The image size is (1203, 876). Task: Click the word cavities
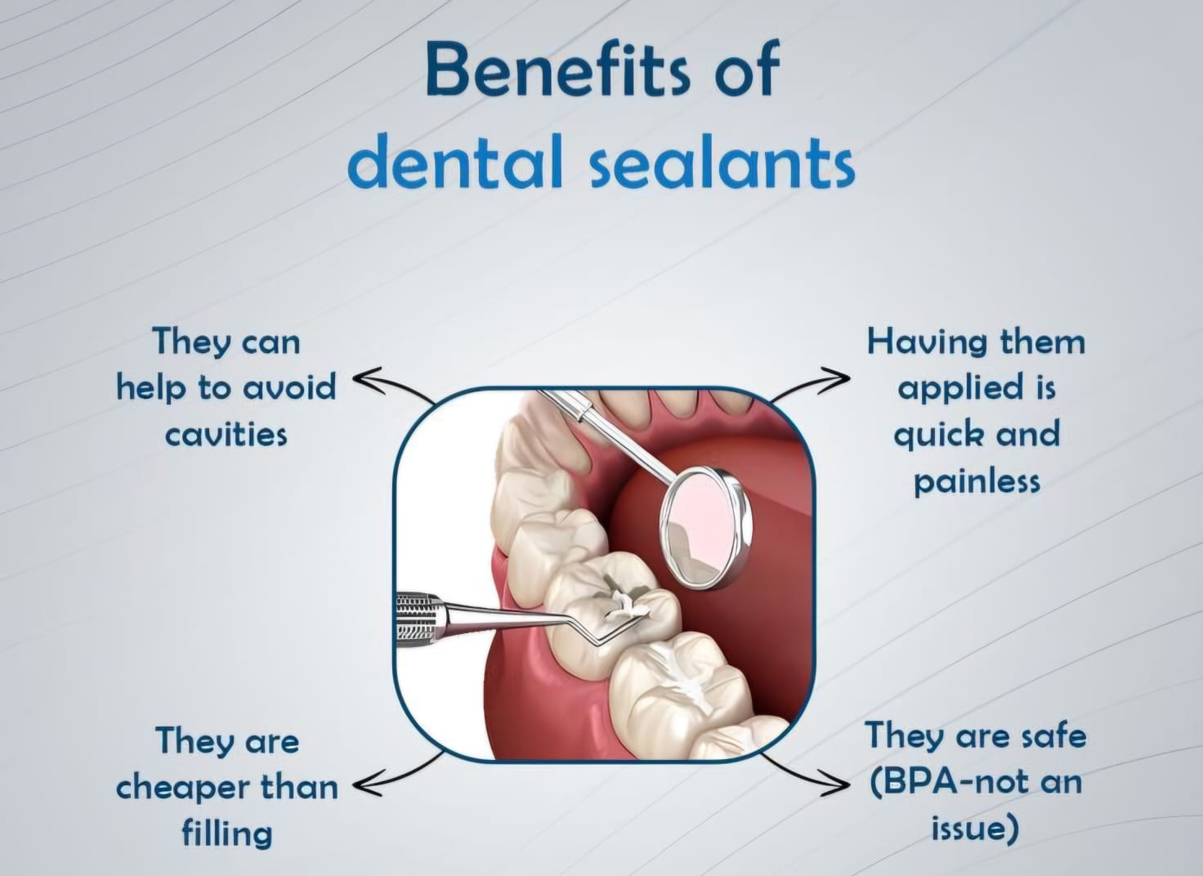pos(226,434)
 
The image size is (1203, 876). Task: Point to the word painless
pos(977,480)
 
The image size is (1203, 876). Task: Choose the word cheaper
pos(182,789)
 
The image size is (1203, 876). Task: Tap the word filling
pos(226,834)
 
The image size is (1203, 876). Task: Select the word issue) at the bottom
pos(975,828)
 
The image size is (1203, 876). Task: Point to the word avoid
pos(289,387)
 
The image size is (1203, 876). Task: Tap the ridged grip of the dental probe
pos(420,619)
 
